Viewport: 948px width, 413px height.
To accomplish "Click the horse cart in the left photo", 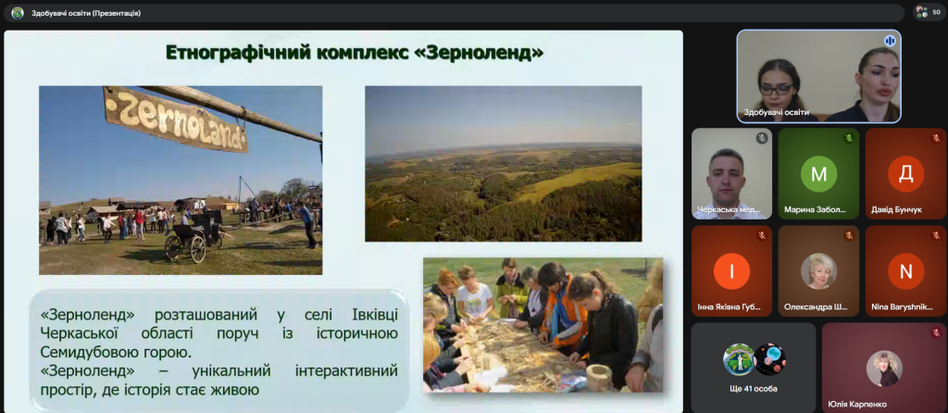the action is tap(194, 236).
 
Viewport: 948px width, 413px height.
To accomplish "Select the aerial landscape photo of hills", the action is tap(503, 163).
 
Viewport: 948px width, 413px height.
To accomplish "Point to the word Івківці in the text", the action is tap(374, 315).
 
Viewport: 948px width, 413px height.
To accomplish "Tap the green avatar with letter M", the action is tap(818, 173).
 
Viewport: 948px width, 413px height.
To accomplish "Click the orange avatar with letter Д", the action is tap(905, 173).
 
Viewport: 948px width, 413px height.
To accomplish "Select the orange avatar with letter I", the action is tap(731, 271).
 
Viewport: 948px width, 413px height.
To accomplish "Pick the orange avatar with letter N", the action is tap(905, 271).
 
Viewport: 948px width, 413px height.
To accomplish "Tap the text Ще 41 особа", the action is tap(753, 389).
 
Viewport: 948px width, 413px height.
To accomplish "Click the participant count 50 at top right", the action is tap(937, 12).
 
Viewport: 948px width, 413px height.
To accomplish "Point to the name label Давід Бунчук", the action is tap(896, 210).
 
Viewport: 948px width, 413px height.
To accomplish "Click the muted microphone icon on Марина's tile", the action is tap(849, 138).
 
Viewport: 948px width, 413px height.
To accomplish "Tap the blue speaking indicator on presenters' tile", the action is tap(890, 41).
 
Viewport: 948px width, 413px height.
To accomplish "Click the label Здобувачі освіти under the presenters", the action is tap(776, 112).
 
